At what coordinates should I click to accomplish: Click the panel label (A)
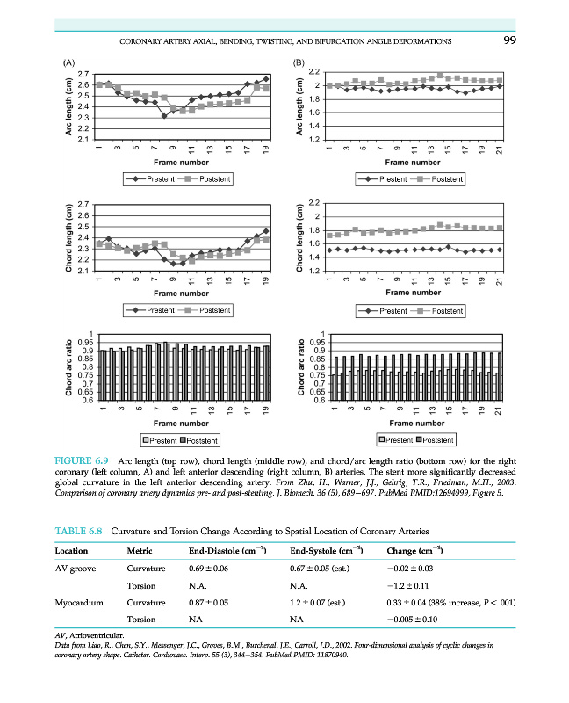click(67, 62)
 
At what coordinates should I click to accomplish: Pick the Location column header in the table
click(74, 551)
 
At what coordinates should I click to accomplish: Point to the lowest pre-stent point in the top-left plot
click(163, 115)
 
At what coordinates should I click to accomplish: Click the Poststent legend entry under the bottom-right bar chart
click(432, 438)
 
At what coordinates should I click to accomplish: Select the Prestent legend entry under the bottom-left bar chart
click(158, 439)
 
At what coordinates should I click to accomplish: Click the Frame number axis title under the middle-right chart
click(413, 292)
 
